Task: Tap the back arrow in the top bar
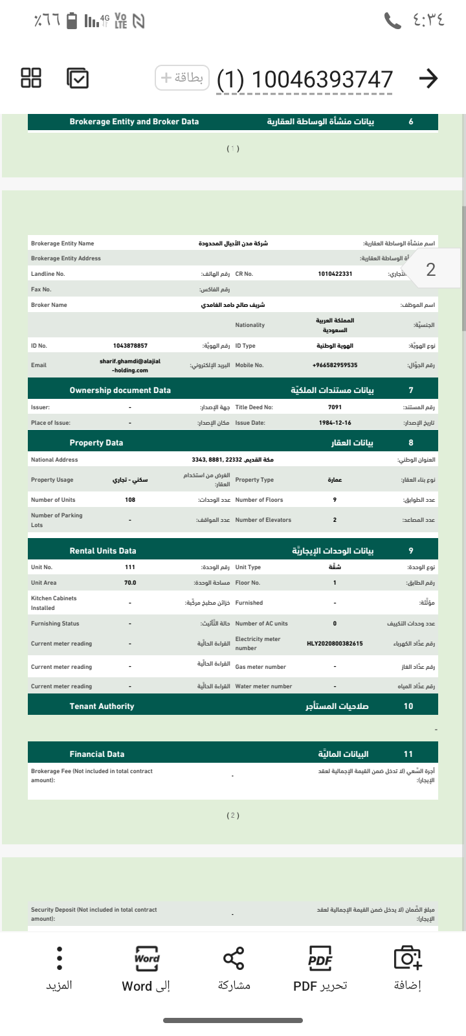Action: pyautogui.click(x=428, y=78)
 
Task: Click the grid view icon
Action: pyautogui.click(x=31, y=78)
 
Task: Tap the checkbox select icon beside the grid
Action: pyautogui.click(x=78, y=78)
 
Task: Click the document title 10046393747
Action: pyautogui.click(x=305, y=80)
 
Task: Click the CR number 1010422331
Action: pyautogui.click(x=335, y=274)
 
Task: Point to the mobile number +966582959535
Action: pyautogui.click(x=335, y=365)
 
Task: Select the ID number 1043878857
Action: pyautogui.click(x=130, y=346)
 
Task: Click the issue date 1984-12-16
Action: pyautogui.click(x=335, y=423)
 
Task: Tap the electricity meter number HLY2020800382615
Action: pyautogui.click(x=335, y=644)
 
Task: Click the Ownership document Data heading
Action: pyautogui.click(x=120, y=390)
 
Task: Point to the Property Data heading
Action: pyautogui.click(x=96, y=443)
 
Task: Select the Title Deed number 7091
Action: pyautogui.click(x=335, y=407)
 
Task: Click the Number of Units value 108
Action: pyautogui.click(x=130, y=500)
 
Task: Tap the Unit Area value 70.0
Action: pyautogui.click(x=130, y=583)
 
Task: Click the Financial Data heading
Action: pyautogui.click(x=97, y=754)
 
